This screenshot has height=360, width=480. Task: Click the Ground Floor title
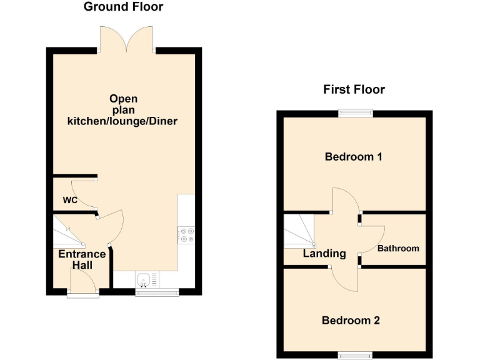click(124, 7)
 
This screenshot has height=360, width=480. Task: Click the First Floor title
click(354, 89)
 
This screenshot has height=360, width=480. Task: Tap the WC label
click(69, 201)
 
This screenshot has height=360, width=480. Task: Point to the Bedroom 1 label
click(353, 157)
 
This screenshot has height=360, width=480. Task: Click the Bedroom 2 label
click(351, 321)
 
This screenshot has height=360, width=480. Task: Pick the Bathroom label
click(398, 248)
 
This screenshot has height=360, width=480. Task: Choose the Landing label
click(324, 254)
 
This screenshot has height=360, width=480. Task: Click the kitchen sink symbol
click(144, 279)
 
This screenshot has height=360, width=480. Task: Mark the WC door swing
click(83, 193)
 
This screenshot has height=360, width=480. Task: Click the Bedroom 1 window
click(356, 112)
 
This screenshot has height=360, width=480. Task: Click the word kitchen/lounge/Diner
click(122, 121)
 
